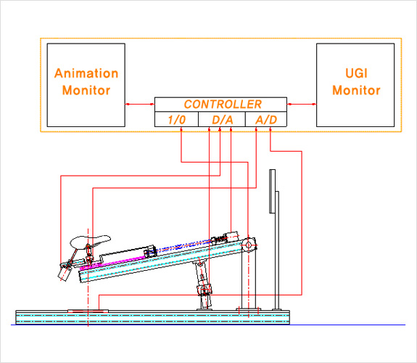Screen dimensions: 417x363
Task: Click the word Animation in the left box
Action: click(86, 73)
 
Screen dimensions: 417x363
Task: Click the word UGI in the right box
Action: click(356, 73)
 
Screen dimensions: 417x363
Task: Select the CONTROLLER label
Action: click(223, 104)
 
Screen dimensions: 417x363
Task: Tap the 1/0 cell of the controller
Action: click(176, 119)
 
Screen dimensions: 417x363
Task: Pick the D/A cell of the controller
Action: click(222, 119)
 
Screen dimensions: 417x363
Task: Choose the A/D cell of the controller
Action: click(266, 119)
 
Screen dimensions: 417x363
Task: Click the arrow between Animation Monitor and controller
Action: click(140, 104)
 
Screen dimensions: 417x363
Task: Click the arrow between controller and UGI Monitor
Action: click(302, 104)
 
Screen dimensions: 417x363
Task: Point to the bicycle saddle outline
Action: click(90, 242)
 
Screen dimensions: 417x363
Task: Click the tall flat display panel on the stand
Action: click(273, 191)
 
